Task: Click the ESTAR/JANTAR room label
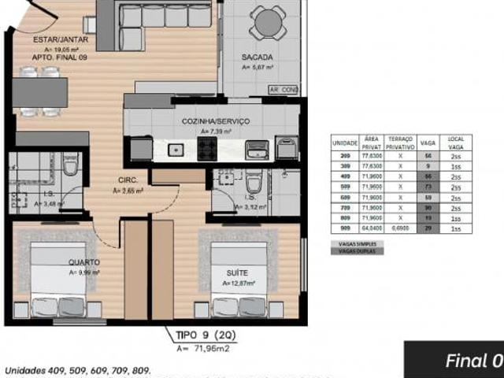[60, 39]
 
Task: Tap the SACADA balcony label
[258, 57]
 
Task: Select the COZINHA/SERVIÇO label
[216, 121]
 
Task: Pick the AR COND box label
[283, 90]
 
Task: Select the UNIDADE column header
[345, 143]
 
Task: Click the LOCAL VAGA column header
[456, 143]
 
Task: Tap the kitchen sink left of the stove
[177, 148]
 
